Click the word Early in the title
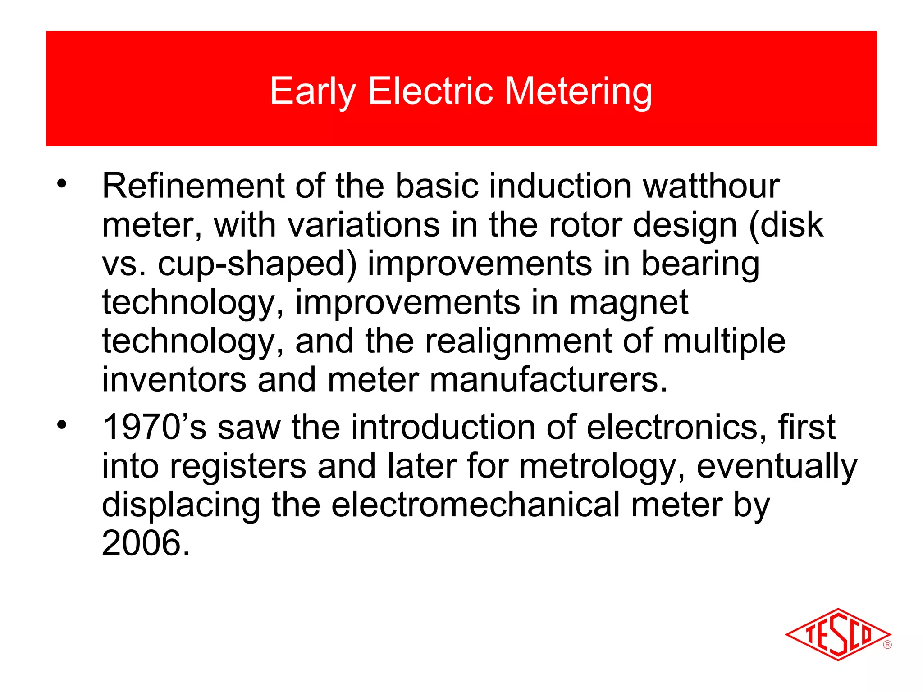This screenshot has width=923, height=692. (313, 91)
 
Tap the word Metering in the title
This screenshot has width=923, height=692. (578, 91)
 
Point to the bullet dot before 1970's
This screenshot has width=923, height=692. (62, 424)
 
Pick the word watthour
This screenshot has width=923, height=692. (711, 186)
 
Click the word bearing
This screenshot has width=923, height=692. (700, 264)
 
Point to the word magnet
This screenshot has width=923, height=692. (629, 302)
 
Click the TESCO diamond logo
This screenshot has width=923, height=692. (837, 634)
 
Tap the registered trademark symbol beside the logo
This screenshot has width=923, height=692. (887, 645)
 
